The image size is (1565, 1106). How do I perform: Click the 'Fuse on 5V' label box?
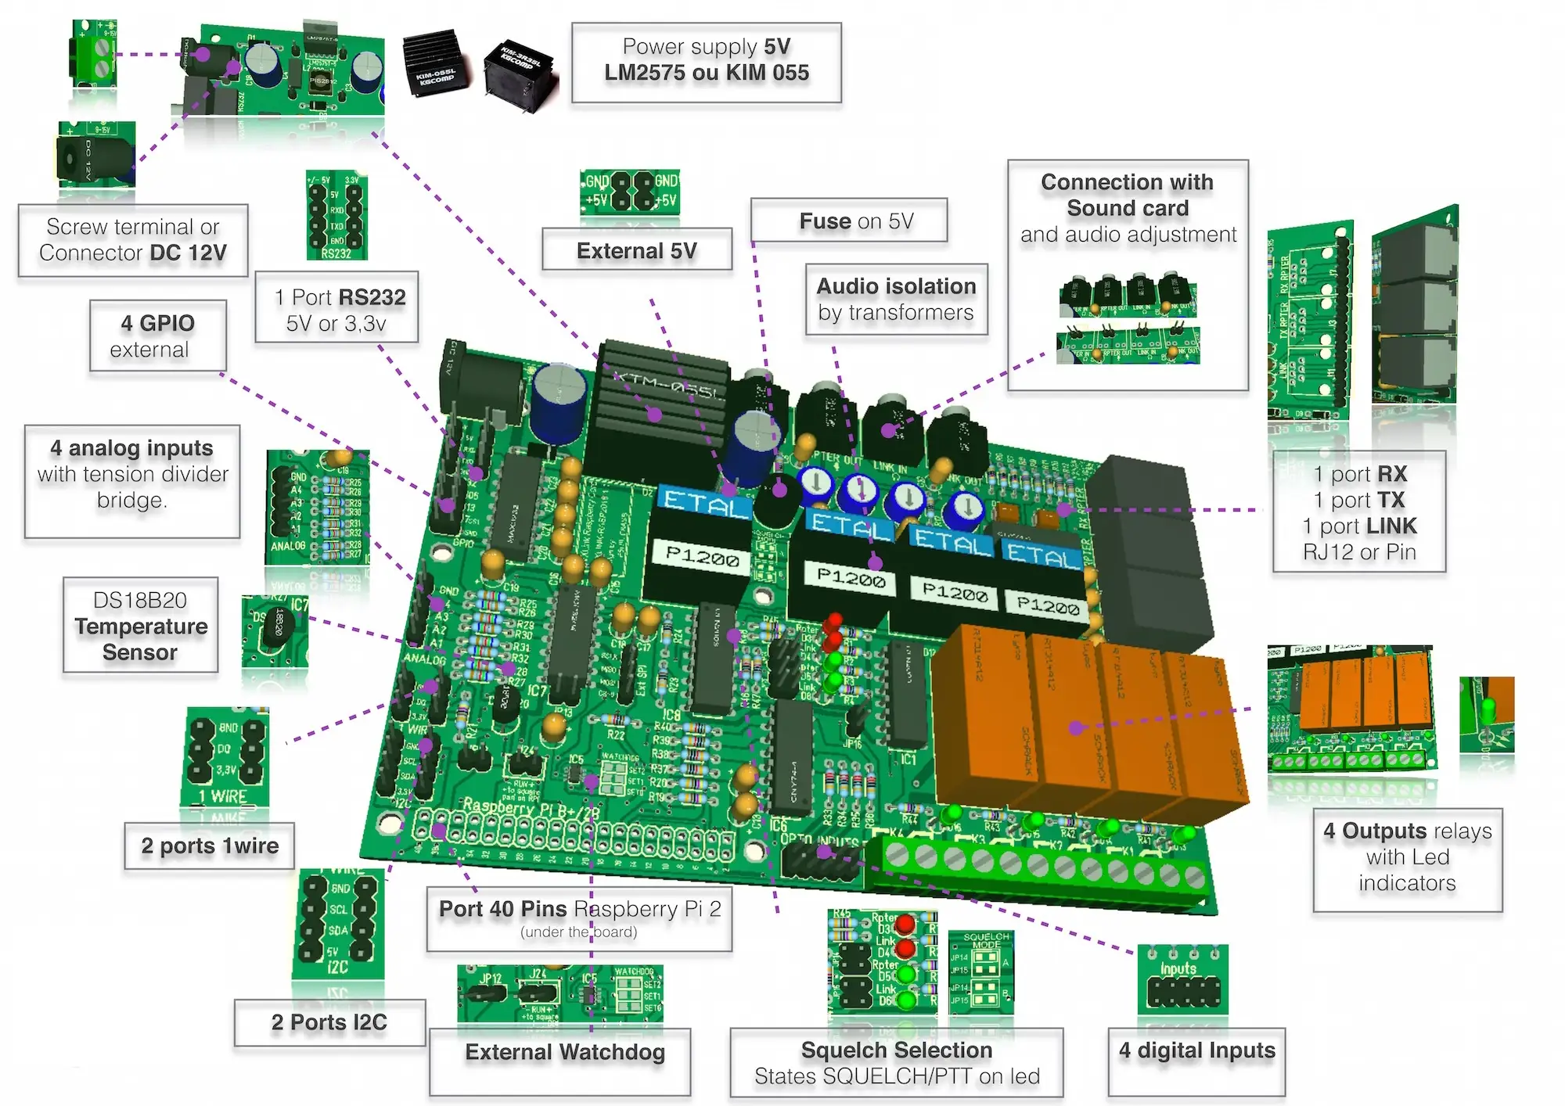click(848, 221)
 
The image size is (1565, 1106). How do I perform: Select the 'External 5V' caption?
click(637, 250)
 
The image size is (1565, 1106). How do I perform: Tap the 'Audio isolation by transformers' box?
click(896, 300)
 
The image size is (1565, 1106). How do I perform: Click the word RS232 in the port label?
click(372, 297)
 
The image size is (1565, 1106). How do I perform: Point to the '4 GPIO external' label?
click(157, 336)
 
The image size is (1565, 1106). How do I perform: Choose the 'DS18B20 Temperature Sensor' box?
click(141, 626)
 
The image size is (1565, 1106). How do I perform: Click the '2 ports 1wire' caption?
click(210, 846)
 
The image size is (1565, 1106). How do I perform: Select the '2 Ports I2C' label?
click(329, 1022)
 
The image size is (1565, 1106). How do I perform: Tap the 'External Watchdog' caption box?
click(564, 1052)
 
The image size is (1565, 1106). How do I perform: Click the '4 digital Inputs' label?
click(1196, 1050)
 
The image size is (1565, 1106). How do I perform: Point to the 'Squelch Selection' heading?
click(896, 1050)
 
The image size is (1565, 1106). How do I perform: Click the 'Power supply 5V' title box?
click(706, 60)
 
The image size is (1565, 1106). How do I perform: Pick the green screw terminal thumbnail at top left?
click(95, 52)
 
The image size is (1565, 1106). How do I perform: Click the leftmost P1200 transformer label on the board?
click(702, 558)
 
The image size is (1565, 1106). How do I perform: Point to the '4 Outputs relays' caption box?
click(1407, 857)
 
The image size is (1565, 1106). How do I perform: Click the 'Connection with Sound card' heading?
click(1127, 195)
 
